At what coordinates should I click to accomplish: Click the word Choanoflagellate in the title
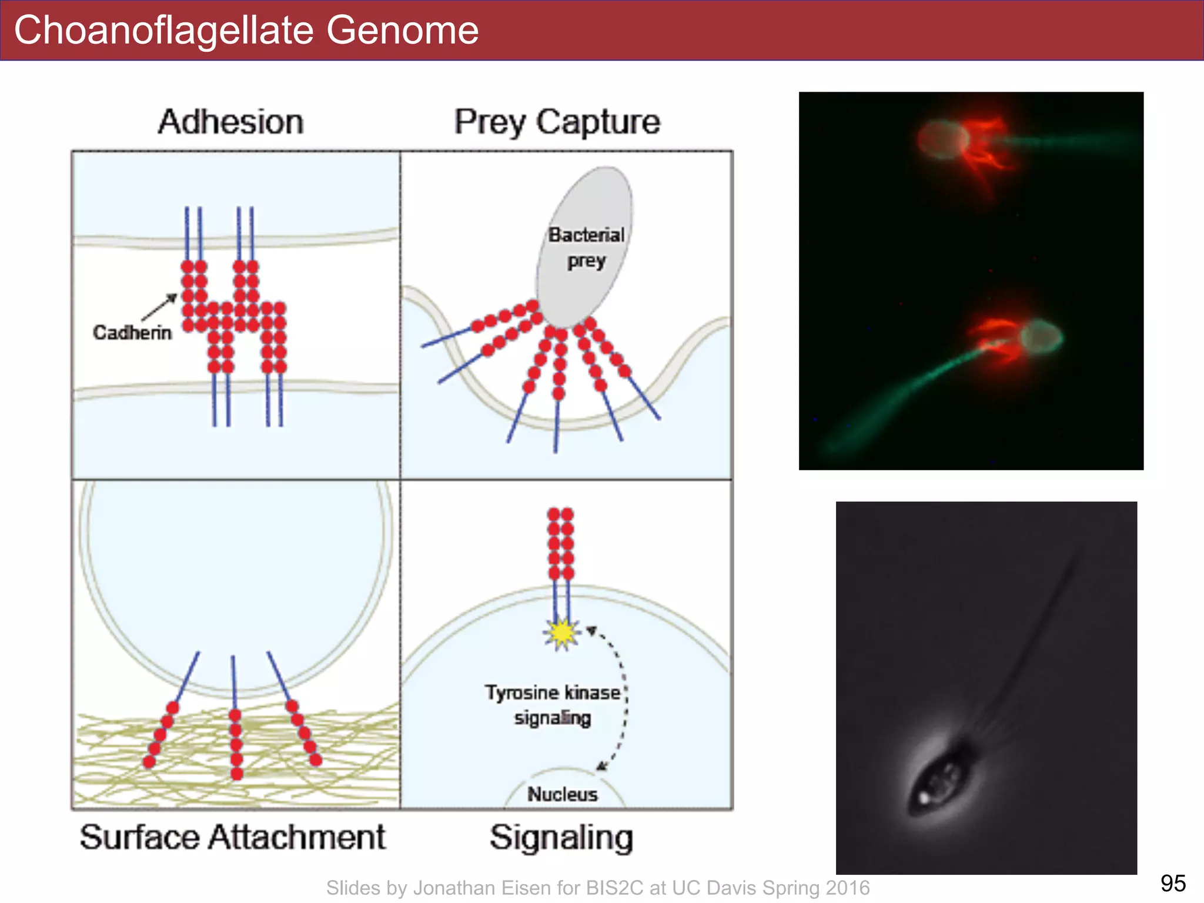pos(165,31)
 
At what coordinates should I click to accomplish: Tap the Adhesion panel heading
pos(231,122)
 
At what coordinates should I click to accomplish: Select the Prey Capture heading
pos(557,122)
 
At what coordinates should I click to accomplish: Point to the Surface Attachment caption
pos(233,837)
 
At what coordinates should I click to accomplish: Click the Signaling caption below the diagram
pos(561,837)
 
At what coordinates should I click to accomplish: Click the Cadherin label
pos(132,333)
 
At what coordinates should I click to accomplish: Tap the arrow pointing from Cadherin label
pos(160,307)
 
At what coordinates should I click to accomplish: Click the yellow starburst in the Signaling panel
pos(562,633)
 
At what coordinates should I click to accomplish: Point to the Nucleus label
pos(562,794)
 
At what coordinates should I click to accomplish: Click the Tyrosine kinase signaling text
pos(553,705)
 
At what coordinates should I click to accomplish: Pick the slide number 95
pos(1173,883)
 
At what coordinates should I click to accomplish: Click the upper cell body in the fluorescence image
pos(942,140)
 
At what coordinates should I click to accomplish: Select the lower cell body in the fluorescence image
pos(1041,337)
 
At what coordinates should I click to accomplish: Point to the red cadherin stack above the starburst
pos(561,544)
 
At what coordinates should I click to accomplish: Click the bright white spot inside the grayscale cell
pos(924,798)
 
